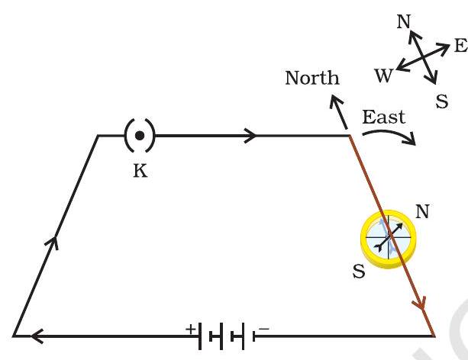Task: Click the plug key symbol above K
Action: tap(139, 137)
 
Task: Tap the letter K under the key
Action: tap(140, 171)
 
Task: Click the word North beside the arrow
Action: tap(312, 78)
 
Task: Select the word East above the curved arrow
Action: tap(383, 117)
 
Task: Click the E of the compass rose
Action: tap(460, 46)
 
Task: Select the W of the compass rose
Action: tap(383, 75)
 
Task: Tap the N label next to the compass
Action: tap(424, 211)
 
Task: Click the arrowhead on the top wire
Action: tap(250, 137)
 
